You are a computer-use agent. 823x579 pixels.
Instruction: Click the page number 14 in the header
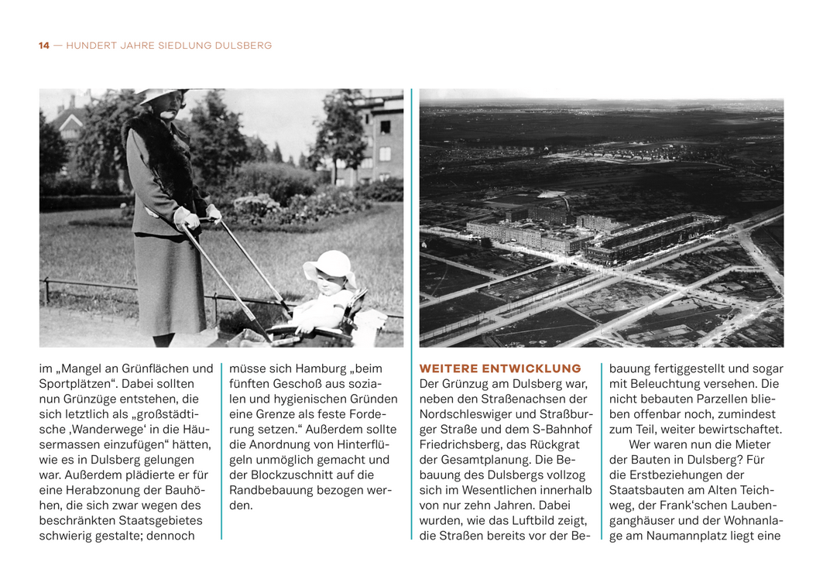(43, 46)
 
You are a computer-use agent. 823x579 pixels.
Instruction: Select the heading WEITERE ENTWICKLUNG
(499, 368)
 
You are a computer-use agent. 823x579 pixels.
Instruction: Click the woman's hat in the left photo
(161, 95)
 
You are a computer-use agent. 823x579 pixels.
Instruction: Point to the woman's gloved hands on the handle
(195, 218)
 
